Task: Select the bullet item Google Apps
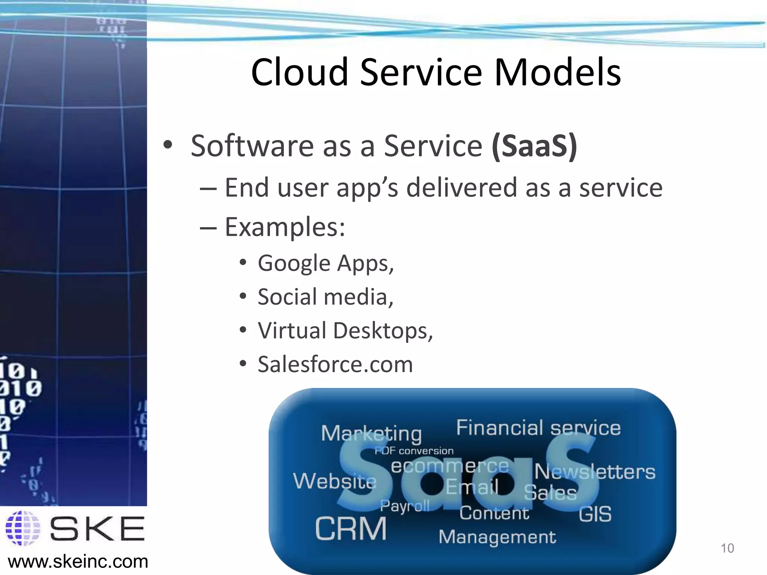pyautogui.click(x=325, y=264)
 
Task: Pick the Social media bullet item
pyautogui.click(x=325, y=297)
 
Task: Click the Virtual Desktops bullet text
pyautogui.click(x=345, y=331)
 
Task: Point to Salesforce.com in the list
pyautogui.click(x=335, y=364)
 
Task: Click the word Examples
pyautogui.click(x=285, y=227)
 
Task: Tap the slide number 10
pyautogui.click(x=727, y=548)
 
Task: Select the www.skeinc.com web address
pyautogui.click(x=78, y=562)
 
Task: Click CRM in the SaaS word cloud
pyautogui.click(x=351, y=529)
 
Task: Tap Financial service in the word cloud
pyautogui.click(x=538, y=428)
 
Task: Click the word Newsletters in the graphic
pyautogui.click(x=594, y=472)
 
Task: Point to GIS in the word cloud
pyautogui.click(x=595, y=514)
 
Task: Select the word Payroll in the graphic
pyautogui.click(x=404, y=506)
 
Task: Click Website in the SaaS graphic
pyautogui.click(x=334, y=481)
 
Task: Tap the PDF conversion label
pyautogui.click(x=414, y=451)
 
